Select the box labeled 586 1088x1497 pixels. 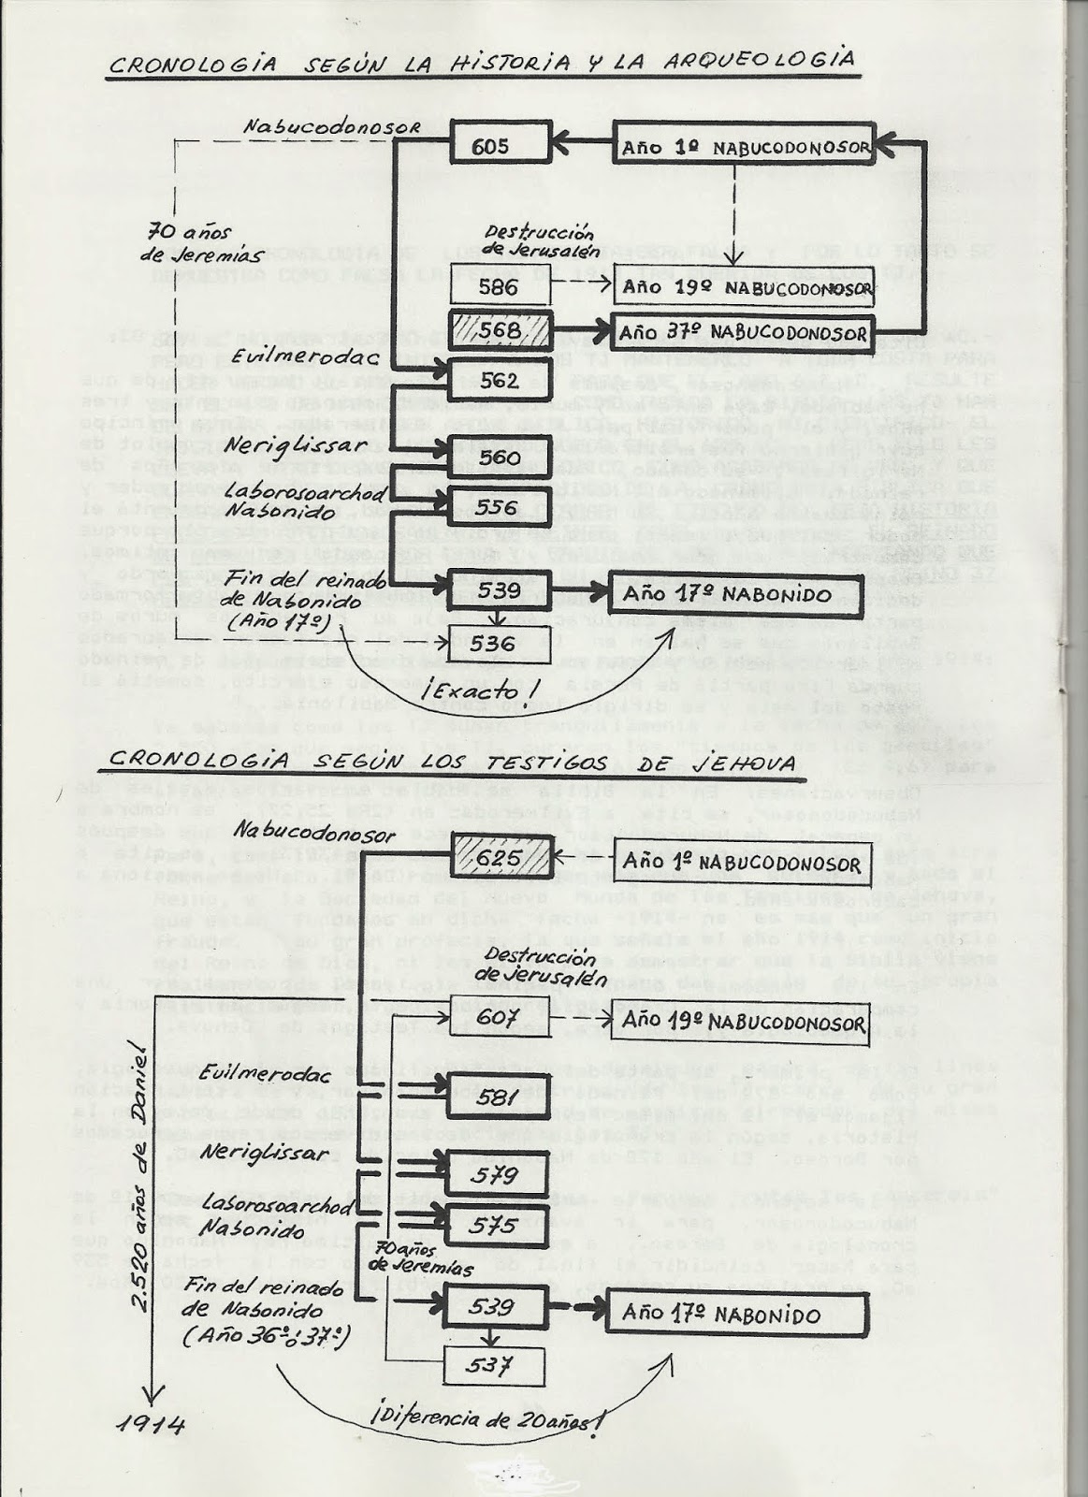click(498, 287)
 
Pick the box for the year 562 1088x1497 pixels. click(498, 382)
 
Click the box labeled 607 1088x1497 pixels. click(497, 1017)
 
